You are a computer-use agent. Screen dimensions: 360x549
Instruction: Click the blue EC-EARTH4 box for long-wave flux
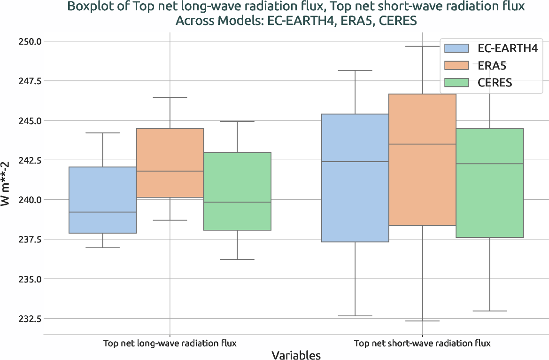[x=102, y=200]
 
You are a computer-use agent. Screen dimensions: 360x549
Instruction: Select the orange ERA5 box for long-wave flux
[x=170, y=163]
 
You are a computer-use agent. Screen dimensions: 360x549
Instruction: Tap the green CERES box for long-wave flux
[x=237, y=191]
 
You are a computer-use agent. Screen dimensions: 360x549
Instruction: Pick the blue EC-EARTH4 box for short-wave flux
[x=355, y=178]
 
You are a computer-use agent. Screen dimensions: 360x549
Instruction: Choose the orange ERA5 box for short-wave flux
[x=422, y=160]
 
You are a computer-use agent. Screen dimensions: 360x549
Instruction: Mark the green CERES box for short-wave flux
[x=489, y=183]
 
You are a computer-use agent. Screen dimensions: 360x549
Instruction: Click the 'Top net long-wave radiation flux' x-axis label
[x=170, y=344]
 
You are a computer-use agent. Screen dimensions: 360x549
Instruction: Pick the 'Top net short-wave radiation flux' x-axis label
[x=422, y=344]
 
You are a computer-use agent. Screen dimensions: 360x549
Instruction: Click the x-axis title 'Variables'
[x=296, y=355]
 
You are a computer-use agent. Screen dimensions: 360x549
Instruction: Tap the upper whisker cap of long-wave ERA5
[x=170, y=97]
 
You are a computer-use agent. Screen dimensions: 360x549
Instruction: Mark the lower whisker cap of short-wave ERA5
[x=422, y=321]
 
